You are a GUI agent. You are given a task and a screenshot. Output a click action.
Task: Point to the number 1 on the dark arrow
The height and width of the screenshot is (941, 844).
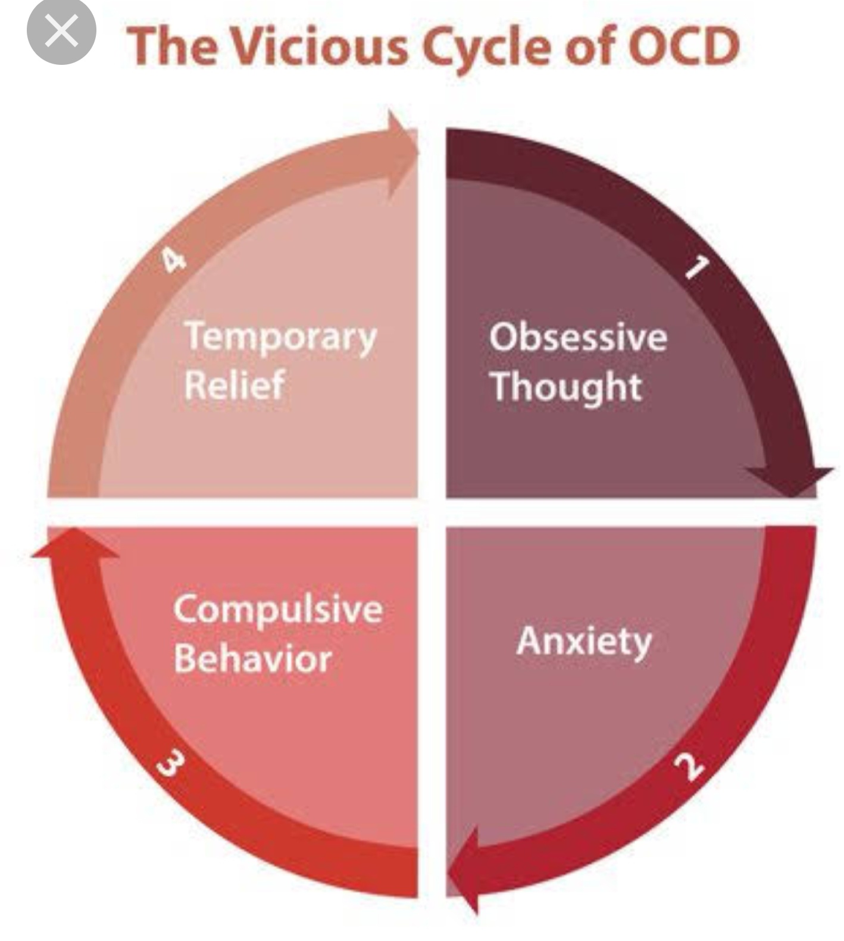click(x=696, y=267)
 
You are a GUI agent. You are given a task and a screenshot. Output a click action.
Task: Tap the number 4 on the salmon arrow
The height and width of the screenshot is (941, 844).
click(x=173, y=260)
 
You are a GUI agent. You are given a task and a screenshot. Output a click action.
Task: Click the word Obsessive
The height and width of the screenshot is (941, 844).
click(x=578, y=337)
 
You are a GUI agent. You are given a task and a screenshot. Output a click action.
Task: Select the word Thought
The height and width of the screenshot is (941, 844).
click(x=566, y=387)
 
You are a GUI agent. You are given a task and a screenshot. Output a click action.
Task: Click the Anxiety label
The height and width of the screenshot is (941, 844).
click(x=584, y=642)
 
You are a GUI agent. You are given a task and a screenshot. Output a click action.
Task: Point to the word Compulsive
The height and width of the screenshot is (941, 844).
click(x=278, y=609)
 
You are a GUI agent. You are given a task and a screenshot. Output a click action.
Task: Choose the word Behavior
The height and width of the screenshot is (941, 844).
click(x=252, y=658)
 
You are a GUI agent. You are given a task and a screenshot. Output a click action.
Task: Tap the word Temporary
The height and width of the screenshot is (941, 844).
click(x=280, y=337)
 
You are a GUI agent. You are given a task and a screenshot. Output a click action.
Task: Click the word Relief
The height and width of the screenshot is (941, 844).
click(x=234, y=384)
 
